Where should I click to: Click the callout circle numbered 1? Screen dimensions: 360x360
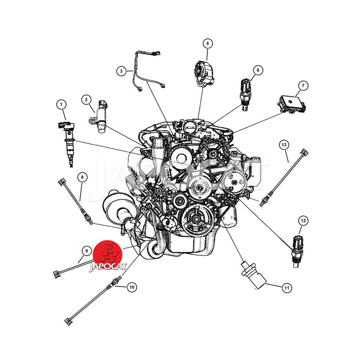pos(61,105)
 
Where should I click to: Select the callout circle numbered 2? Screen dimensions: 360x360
pos(86,99)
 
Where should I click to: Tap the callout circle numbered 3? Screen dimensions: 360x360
pos(121,71)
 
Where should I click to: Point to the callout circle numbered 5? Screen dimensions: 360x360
pos(208,43)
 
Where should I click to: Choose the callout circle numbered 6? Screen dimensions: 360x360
pos(258,70)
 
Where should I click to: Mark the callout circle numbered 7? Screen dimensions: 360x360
pos(303,85)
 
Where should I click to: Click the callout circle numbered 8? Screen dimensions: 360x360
pos(82,177)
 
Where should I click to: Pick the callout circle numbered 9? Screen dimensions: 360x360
pos(86,251)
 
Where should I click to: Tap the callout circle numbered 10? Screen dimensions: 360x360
pos(131,287)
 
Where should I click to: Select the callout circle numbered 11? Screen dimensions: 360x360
pos(287,288)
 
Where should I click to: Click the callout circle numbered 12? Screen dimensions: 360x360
pos(303,221)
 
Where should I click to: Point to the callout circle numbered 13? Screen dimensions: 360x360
pos(284,145)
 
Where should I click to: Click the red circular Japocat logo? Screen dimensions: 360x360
pos(108,255)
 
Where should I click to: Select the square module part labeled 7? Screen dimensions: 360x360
pos(292,104)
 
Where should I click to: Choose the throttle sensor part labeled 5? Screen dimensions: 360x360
pos(204,73)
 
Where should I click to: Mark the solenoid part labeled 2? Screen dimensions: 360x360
pos(100,117)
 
